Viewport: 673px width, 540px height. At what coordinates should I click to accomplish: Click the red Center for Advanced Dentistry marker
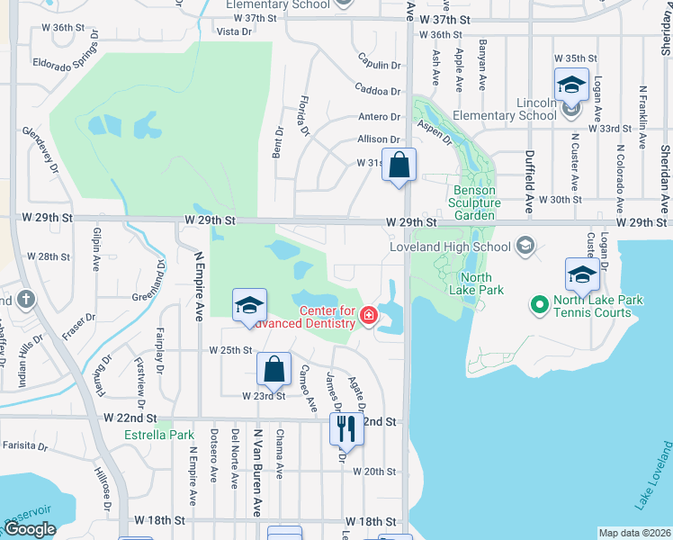pyautogui.click(x=368, y=316)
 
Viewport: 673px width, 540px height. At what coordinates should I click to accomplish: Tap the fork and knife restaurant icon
pyautogui.click(x=345, y=429)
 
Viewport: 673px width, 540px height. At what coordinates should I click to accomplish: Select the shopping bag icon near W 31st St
pyautogui.click(x=399, y=166)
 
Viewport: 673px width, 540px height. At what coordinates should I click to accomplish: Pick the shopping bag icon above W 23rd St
pyautogui.click(x=274, y=369)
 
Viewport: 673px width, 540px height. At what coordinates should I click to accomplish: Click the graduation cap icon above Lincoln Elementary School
pyautogui.click(x=571, y=85)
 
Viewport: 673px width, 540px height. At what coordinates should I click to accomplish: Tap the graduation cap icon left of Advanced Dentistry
pyautogui.click(x=249, y=306)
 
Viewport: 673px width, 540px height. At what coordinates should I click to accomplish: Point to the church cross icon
pyautogui.click(x=26, y=300)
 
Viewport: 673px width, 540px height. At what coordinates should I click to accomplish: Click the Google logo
pyautogui.click(x=30, y=529)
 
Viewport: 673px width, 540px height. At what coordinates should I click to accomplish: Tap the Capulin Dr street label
pyautogui.click(x=378, y=65)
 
